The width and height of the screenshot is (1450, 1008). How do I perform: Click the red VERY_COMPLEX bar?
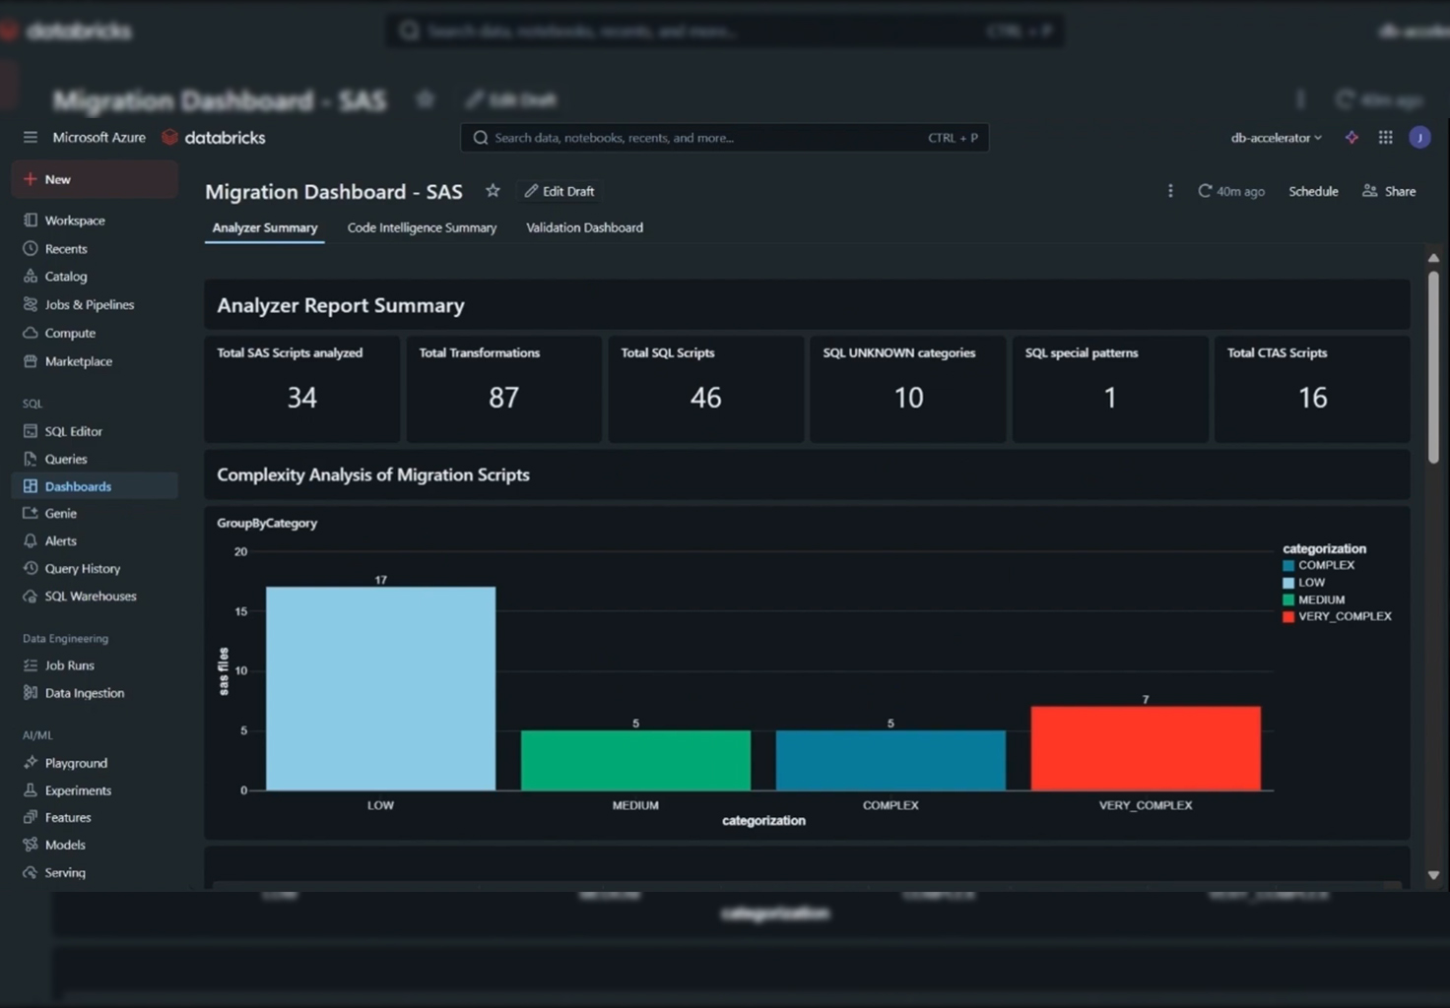pos(1146,748)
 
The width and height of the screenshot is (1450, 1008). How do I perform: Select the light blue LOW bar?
pos(380,689)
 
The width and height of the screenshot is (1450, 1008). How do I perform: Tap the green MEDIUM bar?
pos(635,760)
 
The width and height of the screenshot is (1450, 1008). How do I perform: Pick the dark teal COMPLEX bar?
pos(890,760)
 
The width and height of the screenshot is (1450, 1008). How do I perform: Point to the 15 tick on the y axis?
pos(240,611)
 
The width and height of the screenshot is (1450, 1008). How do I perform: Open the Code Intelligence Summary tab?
pos(422,227)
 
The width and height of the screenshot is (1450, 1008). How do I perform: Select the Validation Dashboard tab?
pos(584,227)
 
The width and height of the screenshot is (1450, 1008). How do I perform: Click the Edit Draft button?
pos(560,191)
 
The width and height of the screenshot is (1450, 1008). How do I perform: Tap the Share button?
pos(1389,191)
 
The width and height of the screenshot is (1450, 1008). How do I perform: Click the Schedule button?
pos(1313,191)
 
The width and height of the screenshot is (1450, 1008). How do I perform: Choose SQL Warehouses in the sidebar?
pos(90,596)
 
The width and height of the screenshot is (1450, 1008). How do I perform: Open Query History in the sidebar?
pos(82,568)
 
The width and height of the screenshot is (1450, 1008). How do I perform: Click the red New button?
pos(95,179)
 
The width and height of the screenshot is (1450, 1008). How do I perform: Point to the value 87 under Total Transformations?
pos(503,398)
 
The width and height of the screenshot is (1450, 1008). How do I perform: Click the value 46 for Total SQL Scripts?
pos(705,398)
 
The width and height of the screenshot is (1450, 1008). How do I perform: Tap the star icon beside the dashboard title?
pos(493,191)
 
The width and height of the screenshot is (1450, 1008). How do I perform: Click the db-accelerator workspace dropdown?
pos(1276,138)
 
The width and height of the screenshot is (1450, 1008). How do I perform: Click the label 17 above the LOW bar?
pos(380,580)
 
